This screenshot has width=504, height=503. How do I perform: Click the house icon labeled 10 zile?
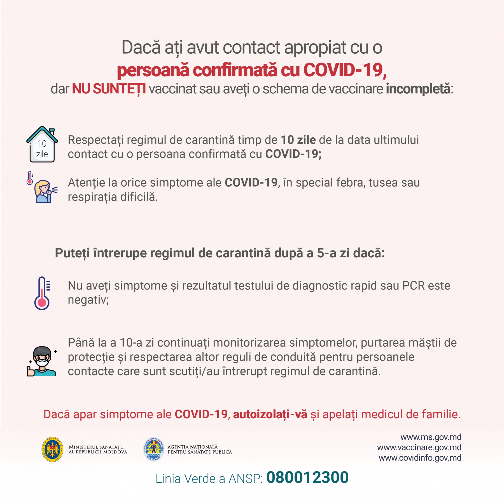pyautogui.click(x=42, y=145)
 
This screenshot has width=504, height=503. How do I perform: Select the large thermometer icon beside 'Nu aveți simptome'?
pyautogui.click(x=42, y=293)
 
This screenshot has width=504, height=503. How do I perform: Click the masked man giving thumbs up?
pyautogui.click(x=42, y=361)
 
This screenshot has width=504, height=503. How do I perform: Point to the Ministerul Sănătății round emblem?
pyautogui.click(x=52, y=449)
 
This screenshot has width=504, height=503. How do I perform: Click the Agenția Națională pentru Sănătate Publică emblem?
pyautogui.click(x=153, y=449)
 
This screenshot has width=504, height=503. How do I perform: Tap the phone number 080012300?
pyautogui.click(x=307, y=477)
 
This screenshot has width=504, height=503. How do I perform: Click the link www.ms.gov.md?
pyautogui.click(x=431, y=437)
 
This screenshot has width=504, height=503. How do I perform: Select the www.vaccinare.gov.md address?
pyautogui.click(x=419, y=447)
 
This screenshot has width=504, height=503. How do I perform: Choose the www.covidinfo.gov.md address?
pyautogui.click(x=420, y=458)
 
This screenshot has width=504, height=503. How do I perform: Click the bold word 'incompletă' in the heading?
pyautogui.click(x=418, y=89)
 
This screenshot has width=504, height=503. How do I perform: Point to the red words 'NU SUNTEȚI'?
pyautogui.click(x=109, y=89)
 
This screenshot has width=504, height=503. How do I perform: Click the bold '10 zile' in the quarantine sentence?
pyautogui.click(x=298, y=140)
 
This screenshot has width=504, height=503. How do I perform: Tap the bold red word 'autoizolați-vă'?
pyautogui.click(x=270, y=414)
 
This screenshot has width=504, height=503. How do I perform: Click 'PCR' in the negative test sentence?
pyautogui.click(x=413, y=286)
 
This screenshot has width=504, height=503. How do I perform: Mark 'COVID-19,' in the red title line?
pyautogui.click(x=345, y=70)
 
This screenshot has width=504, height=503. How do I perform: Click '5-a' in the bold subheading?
pyautogui.click(x=326, y=253)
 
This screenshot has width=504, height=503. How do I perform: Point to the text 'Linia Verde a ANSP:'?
pyautogui.click(x=209, y=479)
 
